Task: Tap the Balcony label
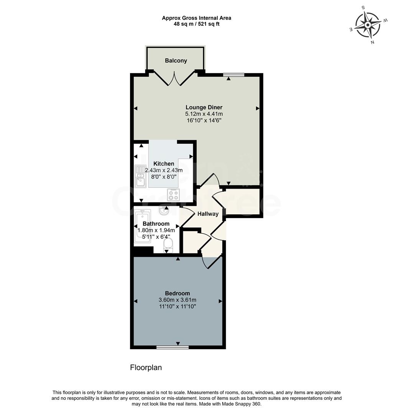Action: click(176, 61)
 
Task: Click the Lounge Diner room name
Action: click(204, 107)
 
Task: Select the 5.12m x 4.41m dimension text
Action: click(204, 114)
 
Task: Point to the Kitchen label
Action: click(164, 164)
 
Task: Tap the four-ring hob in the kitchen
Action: click(173, 195)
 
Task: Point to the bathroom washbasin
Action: click(164, 210)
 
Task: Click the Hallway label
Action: click(208, 214)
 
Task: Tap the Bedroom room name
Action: click(178, 293)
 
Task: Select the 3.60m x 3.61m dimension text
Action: click(178, 300)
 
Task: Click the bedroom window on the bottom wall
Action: click(173, 347)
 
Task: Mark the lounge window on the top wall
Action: click(234, 74)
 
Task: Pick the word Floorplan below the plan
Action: click(146, 368)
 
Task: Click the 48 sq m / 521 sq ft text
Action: click(196, 24)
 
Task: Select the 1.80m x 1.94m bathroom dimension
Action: click(156, 230)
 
